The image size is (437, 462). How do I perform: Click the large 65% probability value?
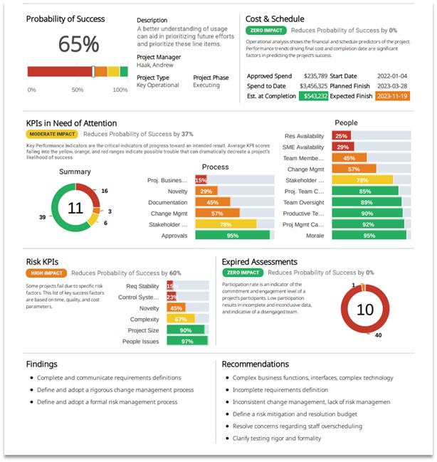[x=78, y=44]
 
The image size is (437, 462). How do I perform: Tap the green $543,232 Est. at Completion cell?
[x=313, y=95]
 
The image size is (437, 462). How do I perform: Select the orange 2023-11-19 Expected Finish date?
[x=393, y=95]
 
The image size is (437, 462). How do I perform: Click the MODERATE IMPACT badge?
[x=52, y=134]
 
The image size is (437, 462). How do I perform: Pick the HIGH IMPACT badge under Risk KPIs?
[x=46, y=273]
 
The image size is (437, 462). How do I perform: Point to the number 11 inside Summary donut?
[x=75, y=208]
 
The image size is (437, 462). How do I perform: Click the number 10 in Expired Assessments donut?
[x=364, y=310]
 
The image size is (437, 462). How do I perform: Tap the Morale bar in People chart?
[x=368, y=235]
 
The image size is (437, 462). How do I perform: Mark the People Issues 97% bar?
[x=186, y=341]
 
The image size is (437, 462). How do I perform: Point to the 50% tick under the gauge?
[x=77, y=90]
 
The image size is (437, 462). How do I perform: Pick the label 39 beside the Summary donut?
[x=41, y=217]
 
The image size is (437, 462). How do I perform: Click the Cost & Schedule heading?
[x=274, y=19]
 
